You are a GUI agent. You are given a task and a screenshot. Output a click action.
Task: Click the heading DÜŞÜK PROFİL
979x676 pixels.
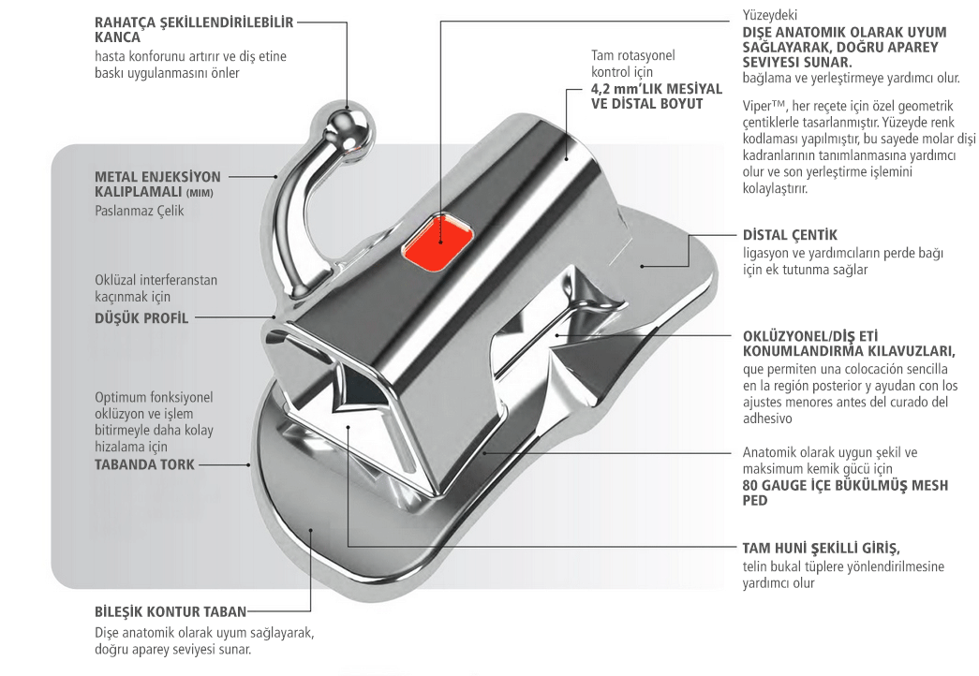coord(141,318)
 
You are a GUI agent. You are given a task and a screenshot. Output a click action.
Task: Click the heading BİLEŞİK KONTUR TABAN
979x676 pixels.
coord(170,612)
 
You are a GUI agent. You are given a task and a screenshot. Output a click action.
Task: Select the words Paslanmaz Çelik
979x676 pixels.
coord(140,211)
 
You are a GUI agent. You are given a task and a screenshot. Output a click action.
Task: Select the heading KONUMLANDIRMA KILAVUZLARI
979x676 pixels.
coord(849,351)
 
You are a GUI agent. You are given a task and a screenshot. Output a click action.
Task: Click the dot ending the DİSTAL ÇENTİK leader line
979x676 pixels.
coord(643,267)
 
